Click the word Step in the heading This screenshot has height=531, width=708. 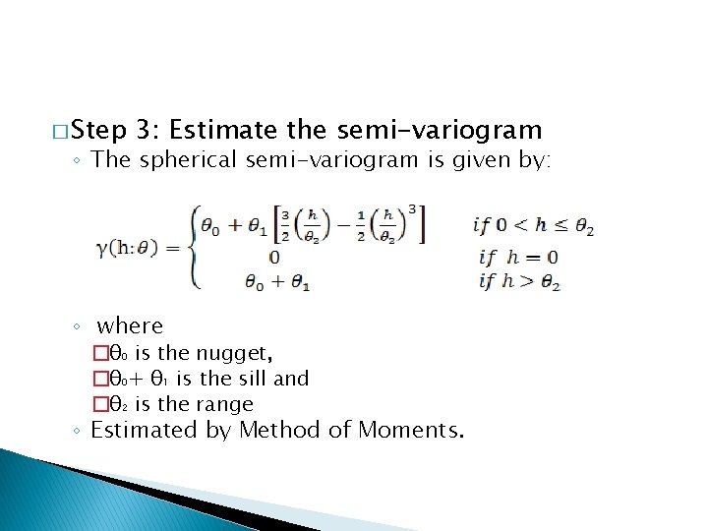99,131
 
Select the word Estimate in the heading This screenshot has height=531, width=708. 225,130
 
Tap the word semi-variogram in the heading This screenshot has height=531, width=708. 439,130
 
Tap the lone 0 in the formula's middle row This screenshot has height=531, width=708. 274,257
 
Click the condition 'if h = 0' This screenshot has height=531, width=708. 518,258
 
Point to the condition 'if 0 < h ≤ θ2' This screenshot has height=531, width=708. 534,225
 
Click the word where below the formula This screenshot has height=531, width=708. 130,326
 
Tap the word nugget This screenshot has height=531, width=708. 234,353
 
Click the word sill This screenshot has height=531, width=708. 254,379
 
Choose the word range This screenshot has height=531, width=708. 225,404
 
